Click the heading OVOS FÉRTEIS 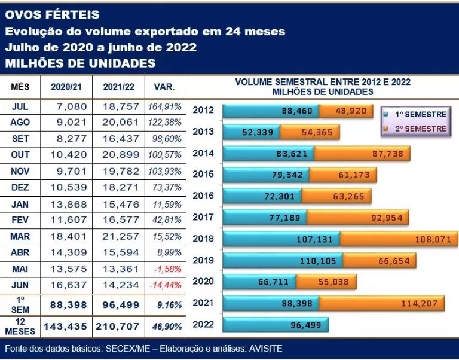pyautogui.click(x=52, y=14)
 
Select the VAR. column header pyautogui.click(x=164, y=87)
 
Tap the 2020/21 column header pyautogui.click(x=67, y=87)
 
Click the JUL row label pyautogui.click(x=20, y=106)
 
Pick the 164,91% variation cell pyautogui.click(x=164, y=106)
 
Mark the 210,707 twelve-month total pyautogui.click(x=118, y=327)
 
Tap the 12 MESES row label pyautogui.click(x=20, y=327)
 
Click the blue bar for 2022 pyautogui.click(x=276, y=325)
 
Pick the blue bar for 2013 pyautogui.click(x=251, y=132)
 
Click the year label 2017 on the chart pyautogui.click(x=204, y=217)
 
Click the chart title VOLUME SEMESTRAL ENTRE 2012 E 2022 pyautogui.click(x=323, y=82)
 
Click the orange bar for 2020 pyautogui.click(x=325, y=282)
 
